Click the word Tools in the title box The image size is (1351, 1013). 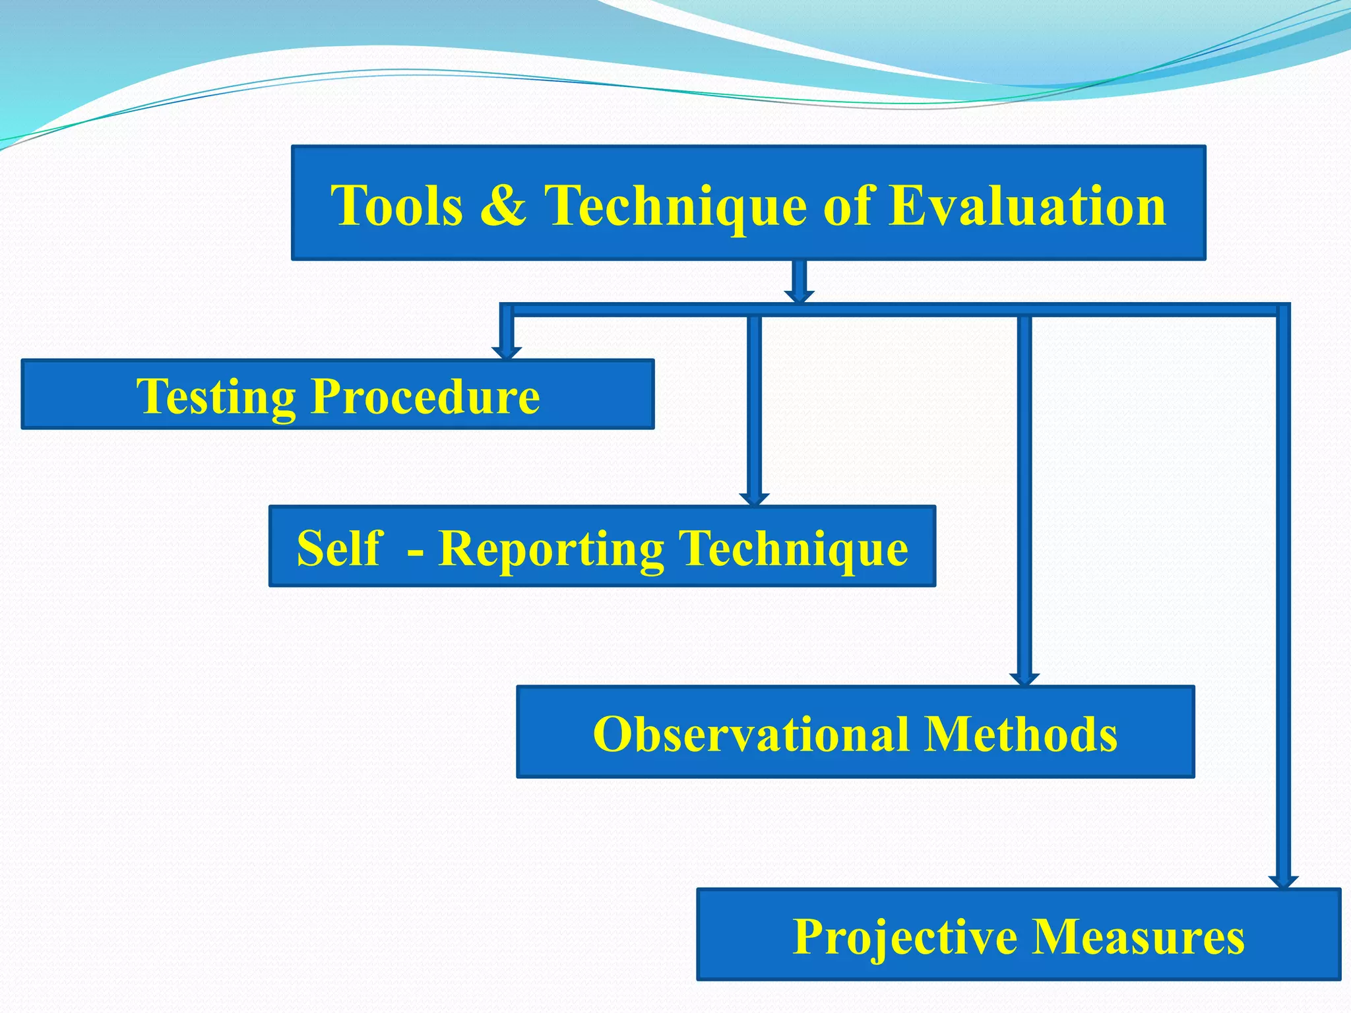tap(397, 205)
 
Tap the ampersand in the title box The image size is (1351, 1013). tap(503, 205)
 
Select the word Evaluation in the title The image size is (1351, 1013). tap(1028, 205)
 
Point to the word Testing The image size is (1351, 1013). tap(216, 398)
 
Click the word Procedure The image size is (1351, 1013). tap(425, 396)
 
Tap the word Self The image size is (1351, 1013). tap(338, 548)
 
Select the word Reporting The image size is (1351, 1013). tap(551, 549)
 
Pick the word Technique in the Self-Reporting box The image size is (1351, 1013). tap(794, 549)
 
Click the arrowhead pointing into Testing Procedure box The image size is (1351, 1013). tap(506, 352)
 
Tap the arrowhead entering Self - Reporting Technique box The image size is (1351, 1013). tap(754, 499)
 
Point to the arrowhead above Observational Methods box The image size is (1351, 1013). tap(1024, 679)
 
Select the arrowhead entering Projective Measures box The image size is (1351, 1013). tap(1283, 881)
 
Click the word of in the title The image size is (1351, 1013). tap(847, 205)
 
